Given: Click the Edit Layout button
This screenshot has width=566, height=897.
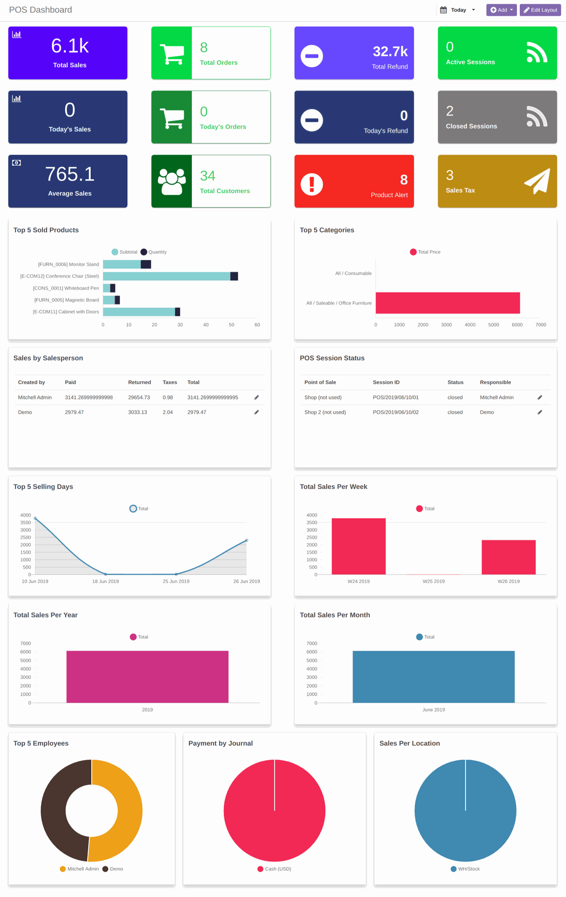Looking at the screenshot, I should point(540,10).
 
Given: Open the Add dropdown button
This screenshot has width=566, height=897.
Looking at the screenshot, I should point(501,10).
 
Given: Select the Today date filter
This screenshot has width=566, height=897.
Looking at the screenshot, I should point(458,10).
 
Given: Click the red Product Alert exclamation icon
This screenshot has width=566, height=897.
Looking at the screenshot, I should point(311,184).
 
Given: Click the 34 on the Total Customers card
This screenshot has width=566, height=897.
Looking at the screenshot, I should point(207,176).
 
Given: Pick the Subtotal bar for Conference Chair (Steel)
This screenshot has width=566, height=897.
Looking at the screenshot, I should point(166,276).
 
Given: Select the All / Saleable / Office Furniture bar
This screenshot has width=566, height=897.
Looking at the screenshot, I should point(447,303).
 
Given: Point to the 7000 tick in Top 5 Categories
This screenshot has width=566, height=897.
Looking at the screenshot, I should point(540,325).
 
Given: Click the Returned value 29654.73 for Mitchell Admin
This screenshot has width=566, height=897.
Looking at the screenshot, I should point(139,397).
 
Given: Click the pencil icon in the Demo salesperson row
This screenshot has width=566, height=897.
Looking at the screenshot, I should point(256,412).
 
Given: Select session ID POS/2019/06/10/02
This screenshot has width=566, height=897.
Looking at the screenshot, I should point(396,412).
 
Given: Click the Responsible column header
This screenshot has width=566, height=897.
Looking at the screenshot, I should point(495,382).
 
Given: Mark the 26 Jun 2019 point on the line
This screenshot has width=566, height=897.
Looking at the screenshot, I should point(247,540).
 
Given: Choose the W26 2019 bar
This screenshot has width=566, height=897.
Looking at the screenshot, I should point(508,557).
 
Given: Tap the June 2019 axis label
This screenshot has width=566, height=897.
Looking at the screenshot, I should point(433,710).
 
